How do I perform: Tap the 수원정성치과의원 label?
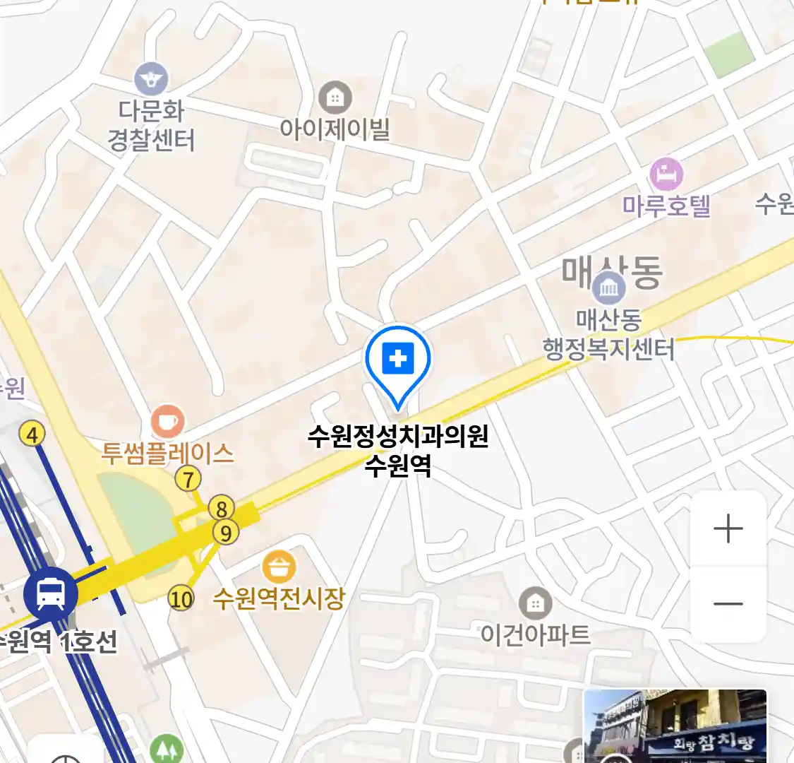click(x=398, y=437)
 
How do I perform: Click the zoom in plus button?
click(x=728, y=528)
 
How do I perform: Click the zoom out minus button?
click(x=728, y=604)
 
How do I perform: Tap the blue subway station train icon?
click(x=50, y=593)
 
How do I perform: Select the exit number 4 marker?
click(x=32, y=434)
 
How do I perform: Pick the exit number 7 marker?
click(x=188, y=479)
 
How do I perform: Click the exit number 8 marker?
click(x=222, y=508)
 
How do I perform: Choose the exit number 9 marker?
click(x=226, y=533)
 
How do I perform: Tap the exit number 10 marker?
click(x=181, y=600)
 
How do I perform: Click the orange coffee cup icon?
click(x=167, y=422)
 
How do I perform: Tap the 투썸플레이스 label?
click(x=167, y=454)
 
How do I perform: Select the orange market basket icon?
click(x=279, y=567)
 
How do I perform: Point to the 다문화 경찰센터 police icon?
click(x=151, y=78)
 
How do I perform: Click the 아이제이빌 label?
click(x=335, y=129)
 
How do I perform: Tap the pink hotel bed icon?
click(x=666, y=173)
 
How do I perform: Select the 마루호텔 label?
click(x=666, y=206)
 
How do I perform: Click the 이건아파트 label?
click(x=535, y=634)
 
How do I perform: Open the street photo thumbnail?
click(x=675, y=726)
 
